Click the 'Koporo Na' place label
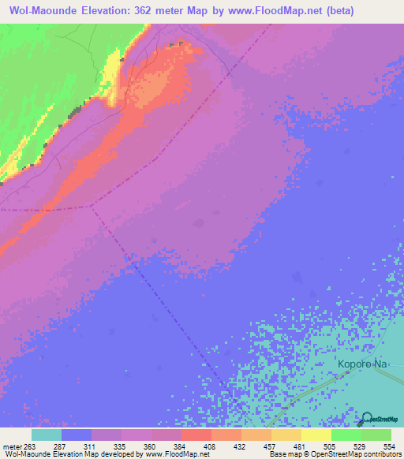click(363, 364)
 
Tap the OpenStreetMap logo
click(367, 420)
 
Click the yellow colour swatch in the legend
click(316, 435)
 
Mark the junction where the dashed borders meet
click(92, 207)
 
